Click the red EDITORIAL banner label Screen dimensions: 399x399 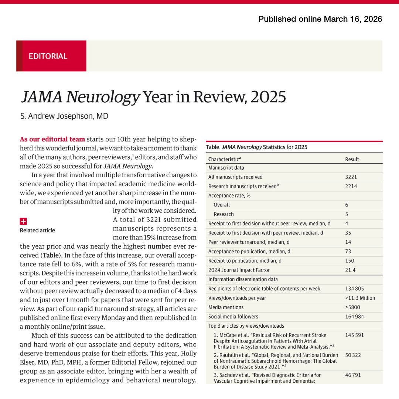point(48,56)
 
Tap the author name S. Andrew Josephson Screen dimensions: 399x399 point(64,116)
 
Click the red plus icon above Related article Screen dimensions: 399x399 point(23,221)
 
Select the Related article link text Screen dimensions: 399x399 point(37,230)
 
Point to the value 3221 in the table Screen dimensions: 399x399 point(351,177)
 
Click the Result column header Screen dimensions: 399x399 point(352,159)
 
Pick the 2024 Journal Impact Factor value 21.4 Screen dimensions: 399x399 point(350,270)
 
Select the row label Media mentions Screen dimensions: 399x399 point(225,307)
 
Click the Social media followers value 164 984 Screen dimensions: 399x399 point(354,316)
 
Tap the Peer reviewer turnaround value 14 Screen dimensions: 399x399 point(348,242)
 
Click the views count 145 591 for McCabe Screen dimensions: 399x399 point(354,335)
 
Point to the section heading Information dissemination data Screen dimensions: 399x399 point(243,279)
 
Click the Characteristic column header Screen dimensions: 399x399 point(225,159)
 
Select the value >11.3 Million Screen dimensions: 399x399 point(360,298)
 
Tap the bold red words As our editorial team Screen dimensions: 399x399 point(52,139)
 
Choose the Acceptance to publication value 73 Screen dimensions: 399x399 point(348,251)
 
